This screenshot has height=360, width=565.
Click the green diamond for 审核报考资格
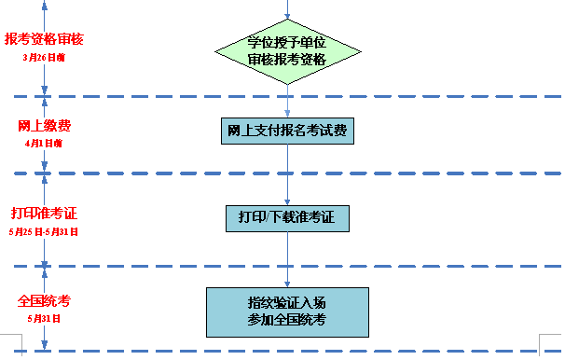(x=287, y=49)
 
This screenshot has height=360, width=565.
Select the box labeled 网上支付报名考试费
(x=287, y=131)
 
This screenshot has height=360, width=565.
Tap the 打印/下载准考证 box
(x=287, y=218)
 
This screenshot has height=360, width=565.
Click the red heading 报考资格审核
(x=44, y=39)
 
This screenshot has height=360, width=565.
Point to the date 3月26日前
(x=44, y=57)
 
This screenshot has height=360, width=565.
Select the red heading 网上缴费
(x=44, y=126)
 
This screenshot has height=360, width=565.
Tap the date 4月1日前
(x=44, y=144)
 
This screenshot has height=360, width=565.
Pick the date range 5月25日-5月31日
(x=44, y=231)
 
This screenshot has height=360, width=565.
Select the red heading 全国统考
(x=44, y=301)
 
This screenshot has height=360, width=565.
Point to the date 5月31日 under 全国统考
(x=44, y=319)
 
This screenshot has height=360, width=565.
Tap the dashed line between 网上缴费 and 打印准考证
(x=140, y=173)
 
